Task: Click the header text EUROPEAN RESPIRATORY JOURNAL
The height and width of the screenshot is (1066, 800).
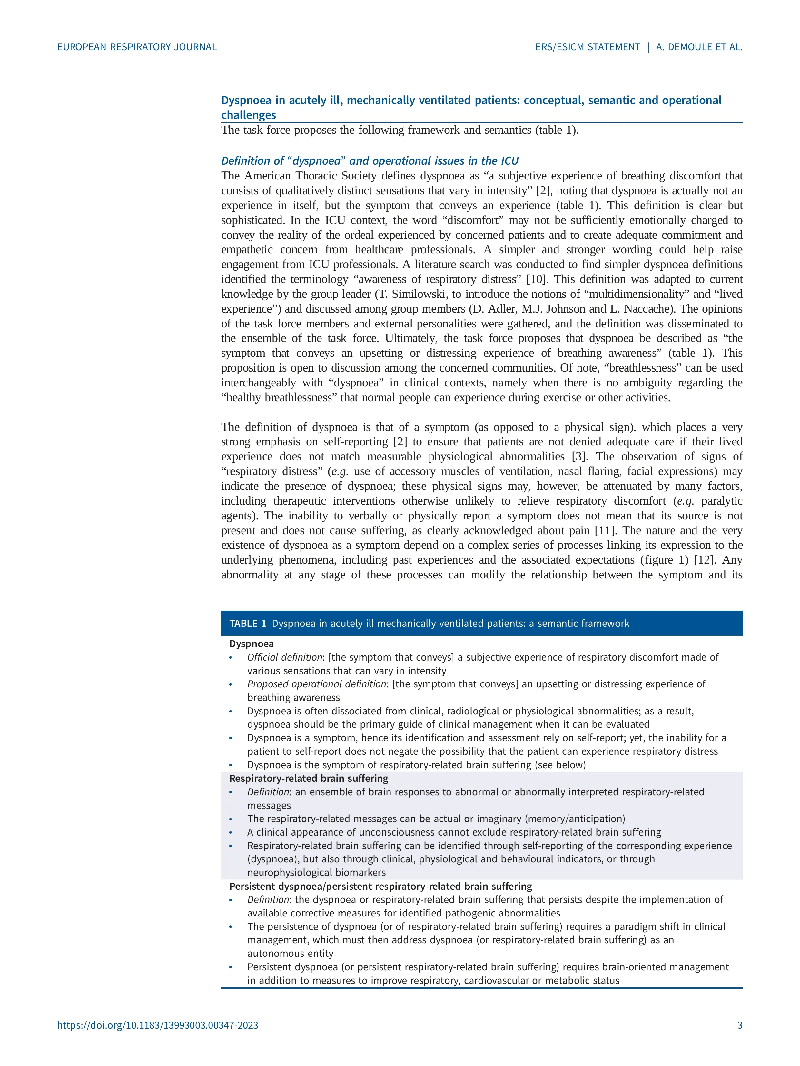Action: pyautogui.click(x=137, y=47)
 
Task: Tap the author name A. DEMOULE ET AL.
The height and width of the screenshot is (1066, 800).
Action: pyautogui.click(x=699, y=47)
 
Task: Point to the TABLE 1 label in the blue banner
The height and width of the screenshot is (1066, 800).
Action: pyautogui.click(x=247, y=624)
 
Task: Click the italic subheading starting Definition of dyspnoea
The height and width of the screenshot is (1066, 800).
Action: pyautogui.click(x=370, y=161)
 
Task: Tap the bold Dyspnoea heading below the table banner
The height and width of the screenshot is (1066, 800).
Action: pyautogui.click(x=251, y=644)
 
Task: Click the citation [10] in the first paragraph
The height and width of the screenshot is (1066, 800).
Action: pyautogui.click(x=535, y=279)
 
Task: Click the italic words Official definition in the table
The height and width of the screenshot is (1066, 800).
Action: pyautogui.click(x=284, y=657)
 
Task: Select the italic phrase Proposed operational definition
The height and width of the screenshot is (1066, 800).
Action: pyautogui.click(x=316, y=684)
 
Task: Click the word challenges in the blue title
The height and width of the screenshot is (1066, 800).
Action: pyautogui.click(x=248, y=115)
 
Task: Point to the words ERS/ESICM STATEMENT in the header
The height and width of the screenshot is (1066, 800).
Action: pyautogui.click(x=587, y=47)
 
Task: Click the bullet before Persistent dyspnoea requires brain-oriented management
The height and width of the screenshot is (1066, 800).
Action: pyautogui.click(x=231, y=967)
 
